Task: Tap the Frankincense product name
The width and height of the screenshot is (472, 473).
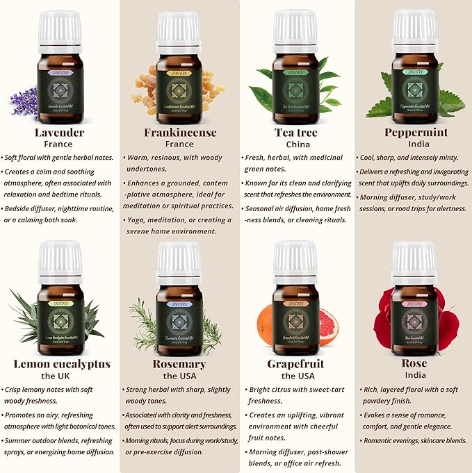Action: point(180,133)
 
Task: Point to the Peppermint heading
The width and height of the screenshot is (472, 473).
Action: point(414,133)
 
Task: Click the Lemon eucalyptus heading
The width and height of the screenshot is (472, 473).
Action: point(62,364)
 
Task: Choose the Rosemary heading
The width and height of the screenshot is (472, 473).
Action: point(179,364)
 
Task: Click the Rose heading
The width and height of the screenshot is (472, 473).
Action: point(414,364)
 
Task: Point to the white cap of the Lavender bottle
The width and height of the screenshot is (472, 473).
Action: point(60,28)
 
